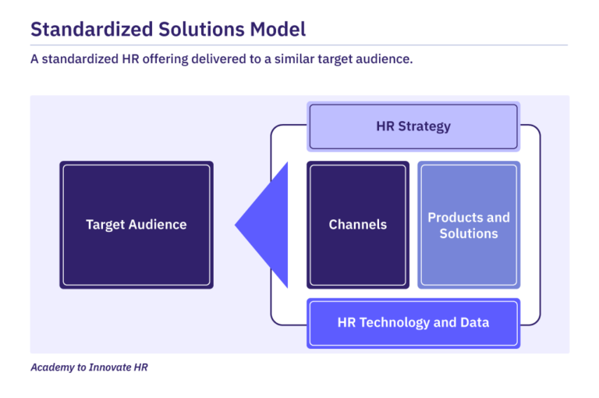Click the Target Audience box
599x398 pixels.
pyautogui.click(x=136, y=226)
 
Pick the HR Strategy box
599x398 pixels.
pyautogui.click(x=413, y=126)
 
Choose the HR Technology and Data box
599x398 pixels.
pyautogui.click(x=413, y=322)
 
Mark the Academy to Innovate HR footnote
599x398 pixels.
pyautogui.click(x=89, y=367)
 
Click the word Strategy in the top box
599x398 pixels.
pyautogui.click(x=424, y=126)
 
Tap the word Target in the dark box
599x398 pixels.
pyautogui.click(x=105, y=225)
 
